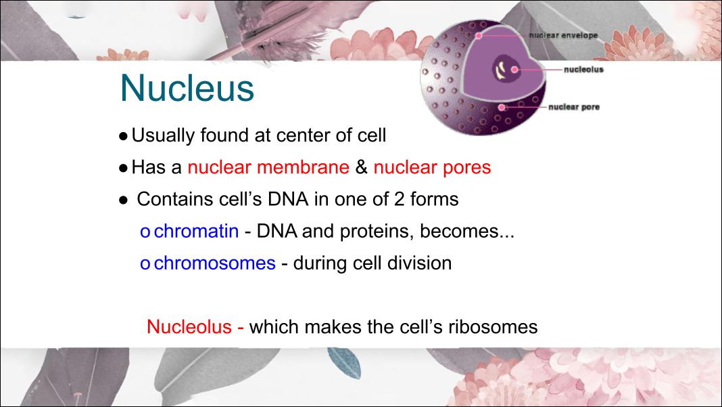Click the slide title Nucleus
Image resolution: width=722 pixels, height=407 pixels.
tap(187, 87)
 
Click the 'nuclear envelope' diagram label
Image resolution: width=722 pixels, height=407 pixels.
tap(563, 35)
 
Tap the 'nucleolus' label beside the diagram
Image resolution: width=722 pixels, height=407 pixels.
tap(583, 70)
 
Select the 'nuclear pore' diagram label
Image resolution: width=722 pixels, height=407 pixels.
tap(574, 107)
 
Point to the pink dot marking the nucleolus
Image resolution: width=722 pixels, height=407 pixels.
tap(514, 70)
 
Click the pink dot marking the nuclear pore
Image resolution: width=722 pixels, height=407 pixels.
tap(502, 108)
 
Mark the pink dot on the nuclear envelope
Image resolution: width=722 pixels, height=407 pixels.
tap(479, 35)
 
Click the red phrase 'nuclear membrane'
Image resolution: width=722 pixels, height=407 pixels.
tap(268, 167)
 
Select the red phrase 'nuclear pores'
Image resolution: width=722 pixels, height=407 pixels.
tap(433, 167)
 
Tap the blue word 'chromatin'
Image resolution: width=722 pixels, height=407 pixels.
tap(196, 231)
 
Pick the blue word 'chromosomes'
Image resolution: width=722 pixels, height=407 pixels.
tap(214, 263)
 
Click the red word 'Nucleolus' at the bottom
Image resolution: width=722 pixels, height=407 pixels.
tap(189, 326)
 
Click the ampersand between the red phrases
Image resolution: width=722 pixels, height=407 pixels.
tap(362, 167)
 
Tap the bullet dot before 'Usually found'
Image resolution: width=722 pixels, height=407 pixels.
tap(123, 137)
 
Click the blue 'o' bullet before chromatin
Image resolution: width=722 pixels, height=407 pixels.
tap(145, 232)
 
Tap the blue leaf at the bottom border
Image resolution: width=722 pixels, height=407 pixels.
tap(344, 362)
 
